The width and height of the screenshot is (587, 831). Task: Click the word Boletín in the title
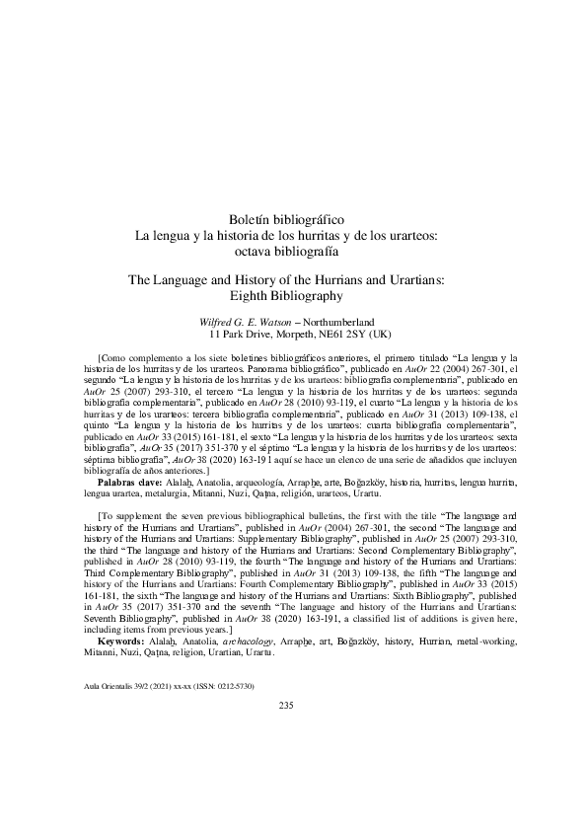click(251, 219)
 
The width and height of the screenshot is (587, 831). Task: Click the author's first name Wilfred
click(220, 322)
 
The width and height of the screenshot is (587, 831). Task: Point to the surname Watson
click(302, 322)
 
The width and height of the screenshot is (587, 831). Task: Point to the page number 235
click(287, 676)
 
